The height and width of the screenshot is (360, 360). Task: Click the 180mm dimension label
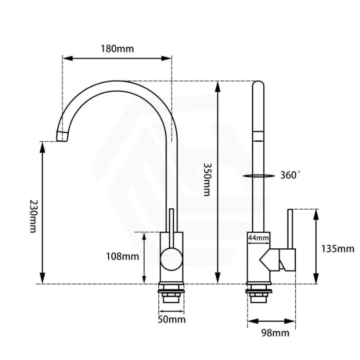117,49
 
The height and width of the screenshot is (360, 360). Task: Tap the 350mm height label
206,179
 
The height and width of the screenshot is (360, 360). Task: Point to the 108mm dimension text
122,256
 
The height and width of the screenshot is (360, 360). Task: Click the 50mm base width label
171,319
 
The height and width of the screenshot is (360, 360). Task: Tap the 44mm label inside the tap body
258,238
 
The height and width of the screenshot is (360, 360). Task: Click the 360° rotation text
290,175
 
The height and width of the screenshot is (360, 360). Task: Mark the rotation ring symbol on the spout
257,176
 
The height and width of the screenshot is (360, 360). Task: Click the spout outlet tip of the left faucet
62,135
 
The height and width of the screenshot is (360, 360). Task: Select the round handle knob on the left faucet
171,260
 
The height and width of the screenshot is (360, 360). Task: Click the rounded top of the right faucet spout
258,85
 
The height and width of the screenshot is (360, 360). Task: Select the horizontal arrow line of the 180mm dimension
117,58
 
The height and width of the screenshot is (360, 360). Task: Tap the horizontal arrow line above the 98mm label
271,321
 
